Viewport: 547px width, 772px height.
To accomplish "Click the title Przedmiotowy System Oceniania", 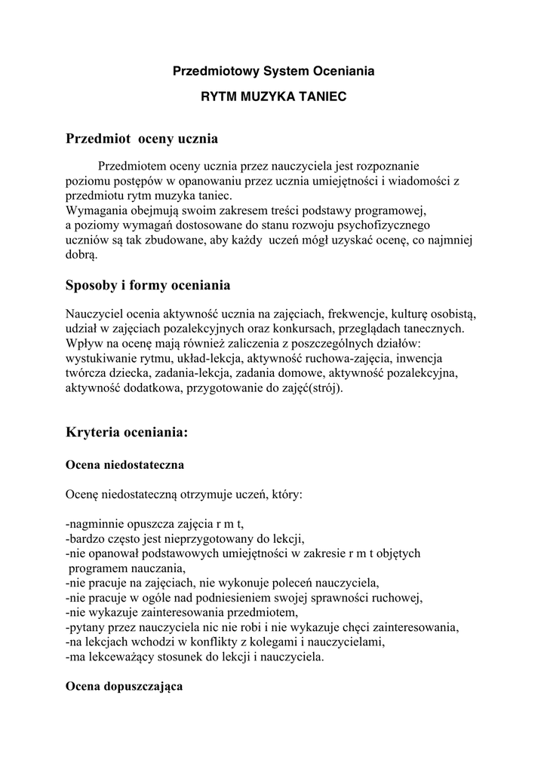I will coord(273,72).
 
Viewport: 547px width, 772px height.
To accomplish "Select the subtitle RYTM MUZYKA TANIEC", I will coord(273,97).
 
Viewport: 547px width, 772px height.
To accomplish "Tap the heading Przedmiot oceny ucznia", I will coord(142,139).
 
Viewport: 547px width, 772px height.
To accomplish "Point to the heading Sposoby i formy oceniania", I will coord(148,286).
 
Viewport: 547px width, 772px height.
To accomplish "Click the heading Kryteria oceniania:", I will coord(126,433).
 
